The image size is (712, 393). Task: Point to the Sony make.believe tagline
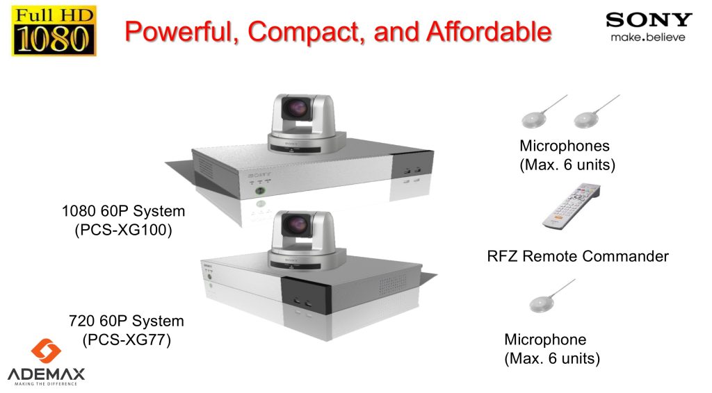647,37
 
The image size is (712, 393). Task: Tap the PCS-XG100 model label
122,231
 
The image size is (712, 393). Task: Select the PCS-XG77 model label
126,340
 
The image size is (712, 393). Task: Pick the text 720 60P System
126,321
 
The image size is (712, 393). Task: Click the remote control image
570,207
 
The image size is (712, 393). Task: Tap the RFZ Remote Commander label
578,256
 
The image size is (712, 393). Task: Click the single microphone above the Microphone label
542,303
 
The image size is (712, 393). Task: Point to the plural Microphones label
564,147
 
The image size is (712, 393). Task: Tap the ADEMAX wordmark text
47,374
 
